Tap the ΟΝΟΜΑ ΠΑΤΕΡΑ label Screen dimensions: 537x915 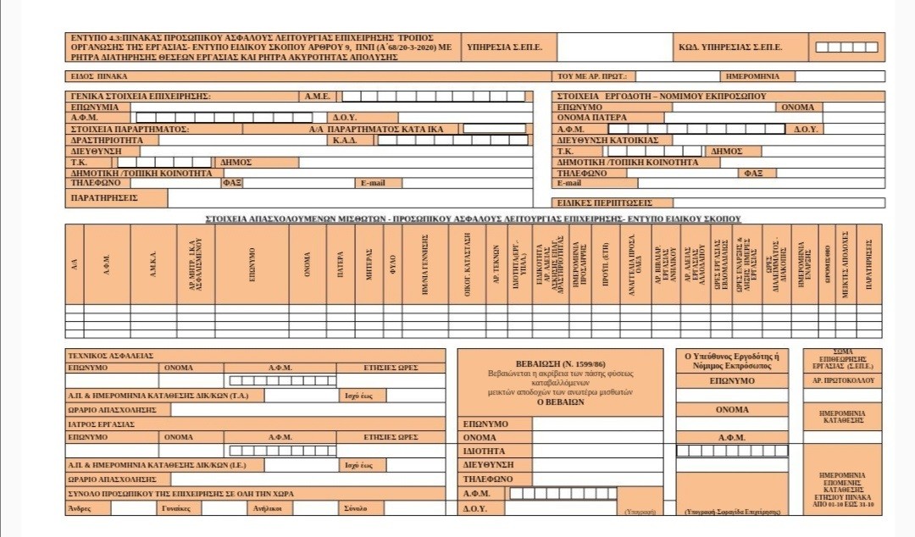pos(592,118)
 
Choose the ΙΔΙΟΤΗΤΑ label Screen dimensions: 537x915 pos(484,451)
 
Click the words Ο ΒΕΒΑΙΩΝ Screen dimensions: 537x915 pos(560,403)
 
